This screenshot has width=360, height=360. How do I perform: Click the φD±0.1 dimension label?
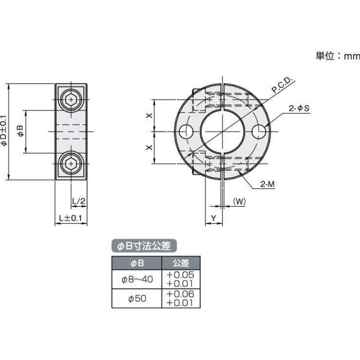pyautogui.click(x=4, y=130)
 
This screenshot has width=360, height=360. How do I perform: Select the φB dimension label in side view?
pyautogui.click(x=19, y=131)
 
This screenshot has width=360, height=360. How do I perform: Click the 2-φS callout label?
pyautogui.click(x=298, y=108)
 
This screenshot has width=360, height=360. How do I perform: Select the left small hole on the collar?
pyautogui.click(x=185, y=132)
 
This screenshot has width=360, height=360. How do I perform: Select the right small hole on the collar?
pyautogui.click(x=259, y=132)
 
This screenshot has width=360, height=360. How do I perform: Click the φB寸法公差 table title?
pyautogui.click(x=144, y=246)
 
